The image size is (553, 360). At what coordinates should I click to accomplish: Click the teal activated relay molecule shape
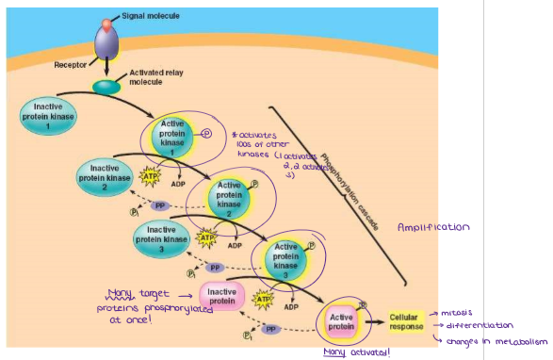[x=106, y=87]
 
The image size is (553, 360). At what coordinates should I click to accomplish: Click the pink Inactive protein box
[x=221, y=298]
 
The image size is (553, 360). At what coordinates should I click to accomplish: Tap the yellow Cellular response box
[x=405, y=320]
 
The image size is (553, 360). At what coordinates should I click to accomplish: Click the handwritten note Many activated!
[x=356, y=351]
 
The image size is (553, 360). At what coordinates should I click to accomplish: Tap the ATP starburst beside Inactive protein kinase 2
[x=150, y=174]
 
